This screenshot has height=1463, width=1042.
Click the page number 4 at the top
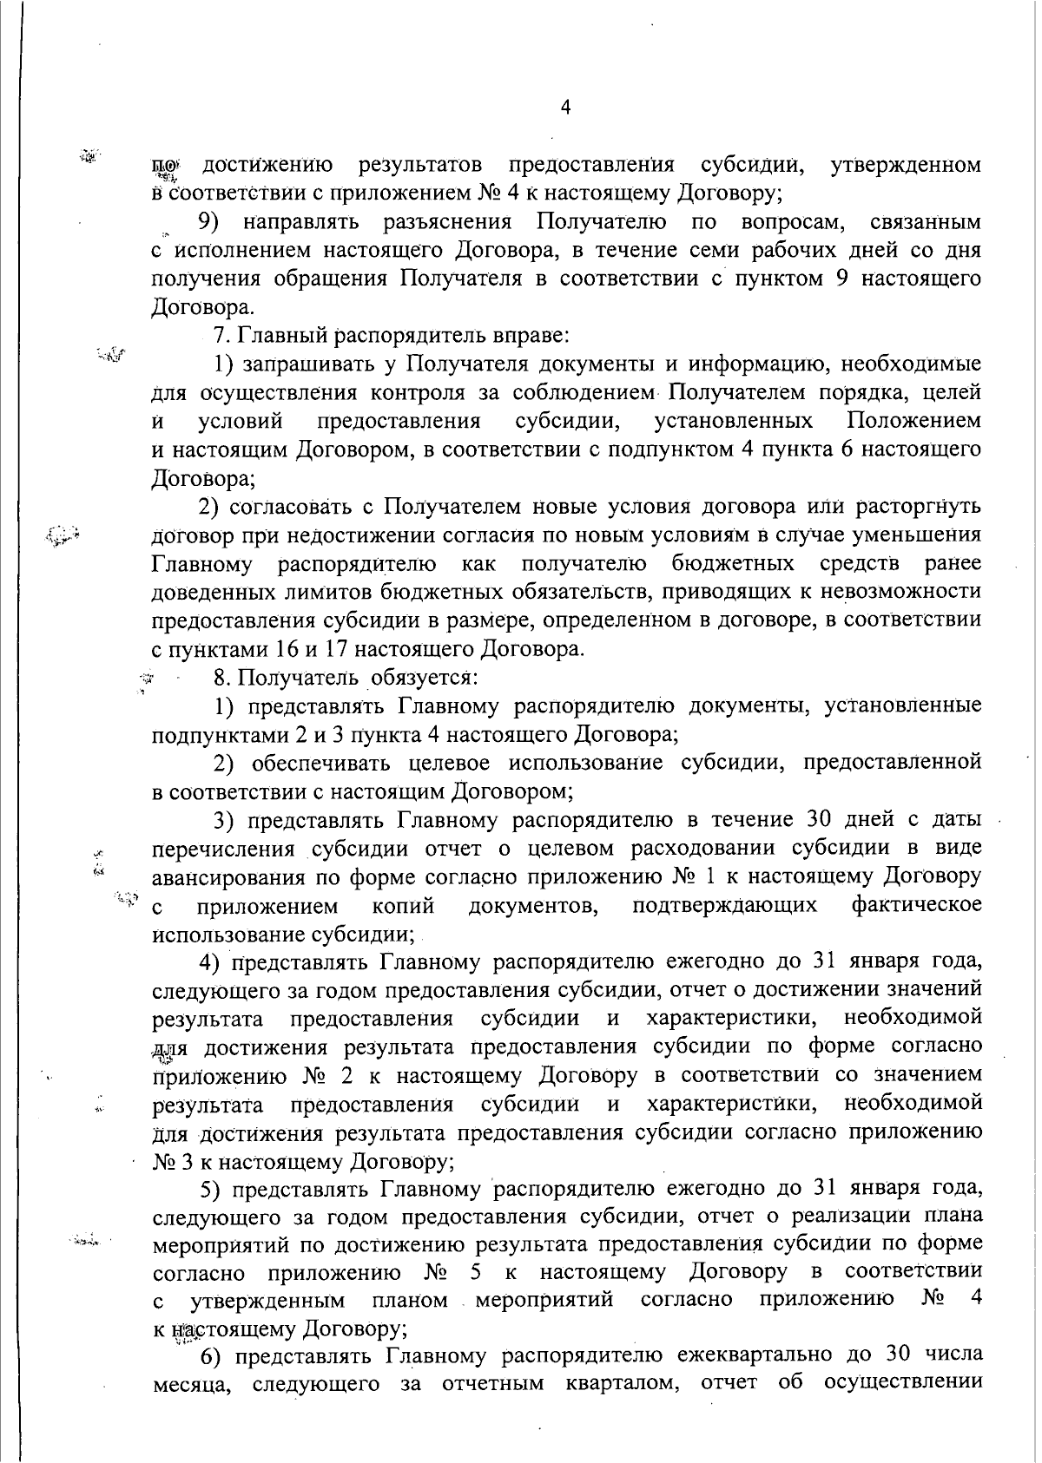[x=565, y=108]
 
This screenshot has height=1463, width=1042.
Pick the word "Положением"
[x=914, y=422]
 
